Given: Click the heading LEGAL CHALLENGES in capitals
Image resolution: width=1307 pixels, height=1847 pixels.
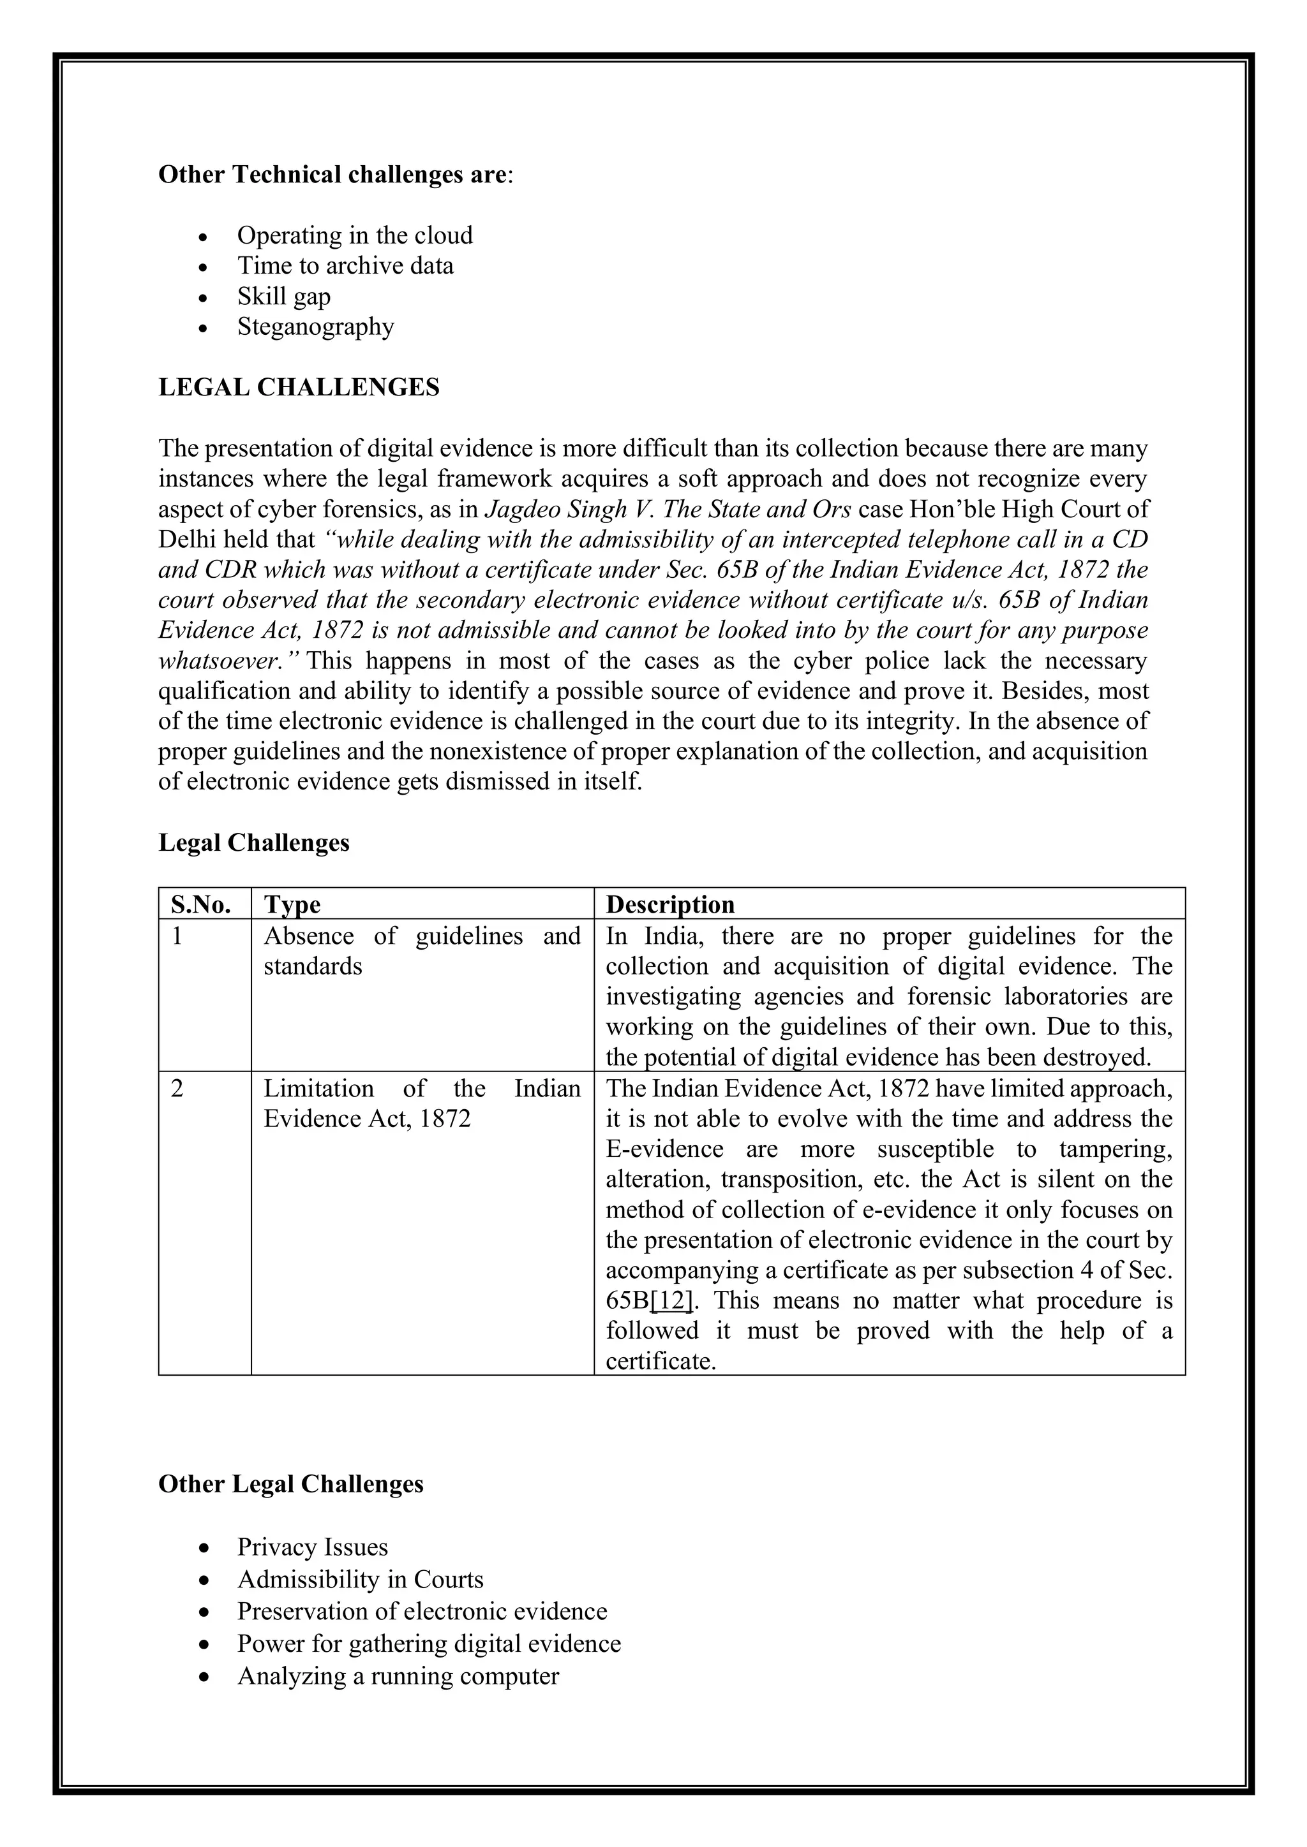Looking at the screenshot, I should pyautogui.click(x=299, y=387).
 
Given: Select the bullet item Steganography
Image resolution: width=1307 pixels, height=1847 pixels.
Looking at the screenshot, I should pyautogui.click(x=315, y=327).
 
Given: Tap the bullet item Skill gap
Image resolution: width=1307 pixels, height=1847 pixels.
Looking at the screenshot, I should pyautogui.click(x=283, y=296).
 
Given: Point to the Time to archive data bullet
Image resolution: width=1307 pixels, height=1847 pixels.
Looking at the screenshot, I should pyautogui.click(x=345, y=265).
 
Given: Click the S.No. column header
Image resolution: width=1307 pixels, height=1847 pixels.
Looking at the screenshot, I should pyautogui.click(x=201, y=904).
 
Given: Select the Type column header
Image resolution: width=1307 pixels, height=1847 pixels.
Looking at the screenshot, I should pyautogui.click(x=292, y=904).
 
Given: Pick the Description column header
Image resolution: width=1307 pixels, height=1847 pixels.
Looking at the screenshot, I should pyautogui.click(x=669, y=904).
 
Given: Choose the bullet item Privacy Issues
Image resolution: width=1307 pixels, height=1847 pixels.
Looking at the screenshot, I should pyautogui.click(x=311, y=1547).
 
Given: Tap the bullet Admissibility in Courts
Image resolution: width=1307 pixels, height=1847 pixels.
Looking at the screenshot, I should pyautogui.click(x=360, y=1579).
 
